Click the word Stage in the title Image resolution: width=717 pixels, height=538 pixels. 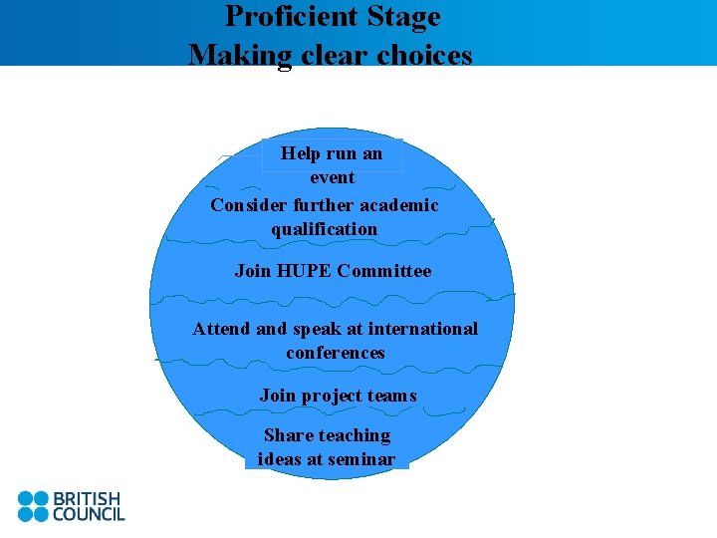pos(403,17)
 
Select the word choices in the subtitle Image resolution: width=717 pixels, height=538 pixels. pos(424,54)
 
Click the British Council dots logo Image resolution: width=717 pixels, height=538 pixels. pos(33,506)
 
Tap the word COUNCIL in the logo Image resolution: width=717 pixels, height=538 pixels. pos(88,514)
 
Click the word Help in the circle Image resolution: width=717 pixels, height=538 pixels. pos(300,153)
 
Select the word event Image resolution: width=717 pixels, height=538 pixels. pos(332,177)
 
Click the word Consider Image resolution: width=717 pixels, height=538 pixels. pos(248,205)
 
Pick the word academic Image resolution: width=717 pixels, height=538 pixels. pos(399,205)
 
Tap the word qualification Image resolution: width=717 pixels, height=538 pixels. pos(324,229)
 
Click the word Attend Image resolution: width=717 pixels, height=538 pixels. pos(222,329)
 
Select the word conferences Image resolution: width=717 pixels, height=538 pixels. pos(335,353)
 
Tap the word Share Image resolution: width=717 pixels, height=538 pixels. pos(286,435)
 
